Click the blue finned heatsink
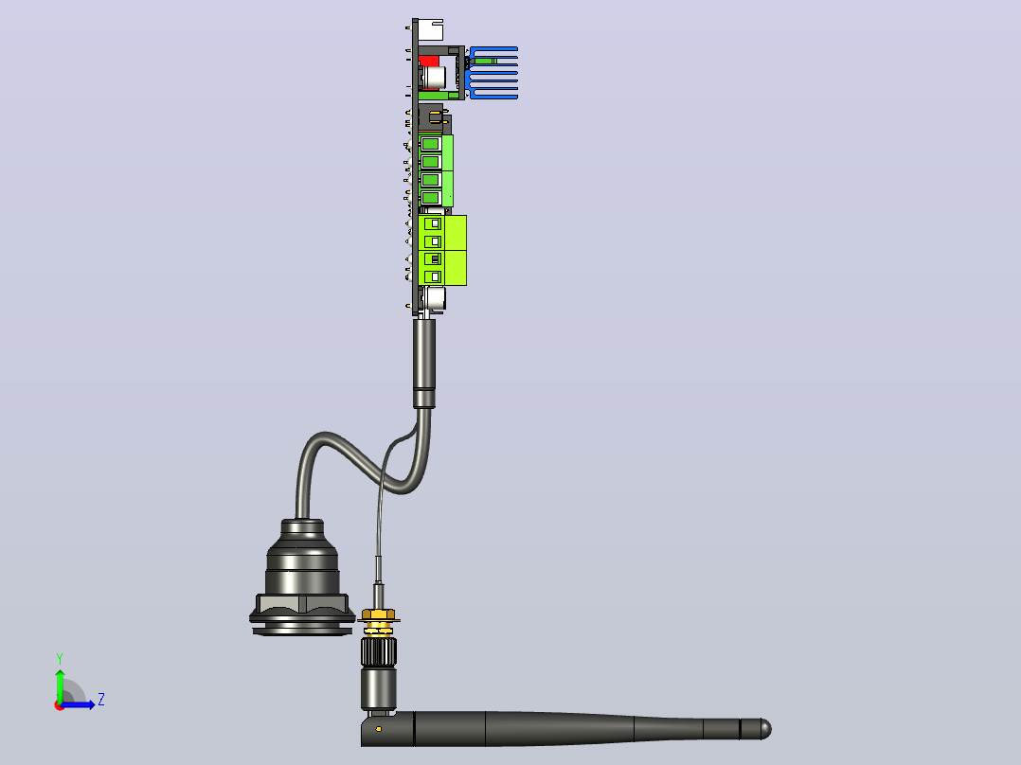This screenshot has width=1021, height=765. [x=493, y=72]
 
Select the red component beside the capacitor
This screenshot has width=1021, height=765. [x=428, y=61]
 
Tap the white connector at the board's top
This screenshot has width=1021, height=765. [x=430, y=30]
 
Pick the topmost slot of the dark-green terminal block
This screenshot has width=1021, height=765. [x=430, y=143]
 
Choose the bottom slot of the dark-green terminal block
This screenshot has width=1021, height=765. [x=430, y=197]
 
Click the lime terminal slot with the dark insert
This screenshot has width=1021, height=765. [x=433, y=259]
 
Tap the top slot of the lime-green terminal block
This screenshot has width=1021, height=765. [x=433, y=224]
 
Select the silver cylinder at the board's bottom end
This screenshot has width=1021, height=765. [x=435, y=299]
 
